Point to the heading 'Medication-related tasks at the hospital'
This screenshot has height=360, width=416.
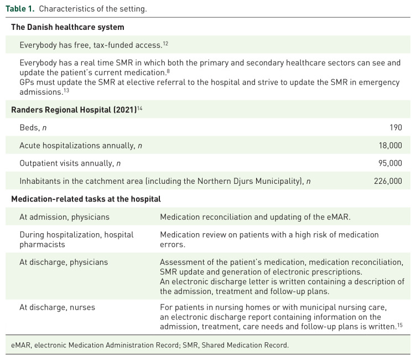86,199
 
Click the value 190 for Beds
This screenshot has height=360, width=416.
396,127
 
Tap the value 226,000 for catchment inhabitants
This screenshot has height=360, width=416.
388,181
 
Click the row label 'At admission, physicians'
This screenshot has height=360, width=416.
64,217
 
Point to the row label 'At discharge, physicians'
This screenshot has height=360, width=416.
64,262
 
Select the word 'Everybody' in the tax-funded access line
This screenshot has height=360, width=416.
38,45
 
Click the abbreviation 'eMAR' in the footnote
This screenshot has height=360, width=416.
20,346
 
